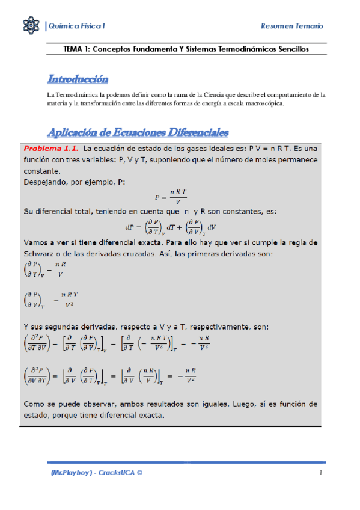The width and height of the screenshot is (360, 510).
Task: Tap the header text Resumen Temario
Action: [292, 26]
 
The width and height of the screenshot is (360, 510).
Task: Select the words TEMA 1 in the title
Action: [76, 49]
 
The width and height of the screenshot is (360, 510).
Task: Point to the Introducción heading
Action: [78, 79]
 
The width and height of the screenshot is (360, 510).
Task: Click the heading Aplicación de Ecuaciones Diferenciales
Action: [138, 132]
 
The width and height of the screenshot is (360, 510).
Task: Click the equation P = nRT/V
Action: [171, 196]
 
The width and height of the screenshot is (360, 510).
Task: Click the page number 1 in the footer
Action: [322, 473]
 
